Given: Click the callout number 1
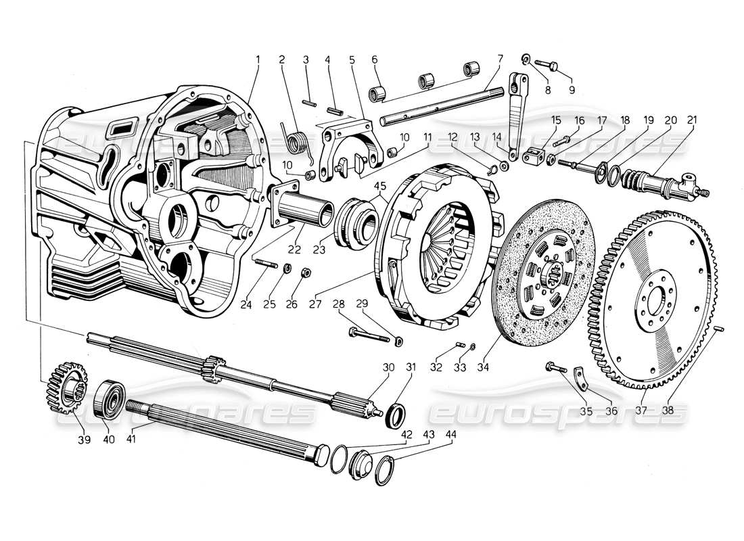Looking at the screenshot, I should [258, 60].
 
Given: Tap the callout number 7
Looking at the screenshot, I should [500, 60].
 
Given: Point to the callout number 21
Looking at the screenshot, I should [693, 120].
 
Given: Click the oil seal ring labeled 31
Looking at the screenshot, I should [396, 414].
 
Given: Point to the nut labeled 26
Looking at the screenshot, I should [305, 273].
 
